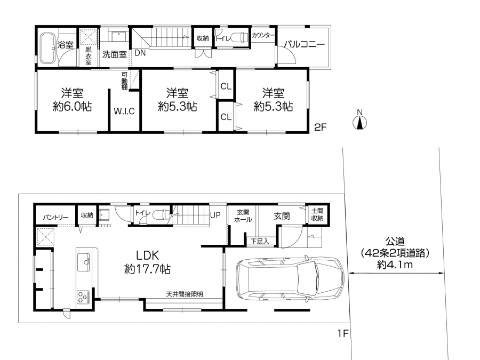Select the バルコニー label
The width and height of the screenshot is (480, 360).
tap(304, 44)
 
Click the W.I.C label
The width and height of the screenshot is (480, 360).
tap(124, 111)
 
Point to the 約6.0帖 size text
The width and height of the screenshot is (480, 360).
tap(72, 107)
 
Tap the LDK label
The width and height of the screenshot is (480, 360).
tap(147, 255)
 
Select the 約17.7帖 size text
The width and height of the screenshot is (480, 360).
tap(147, 269)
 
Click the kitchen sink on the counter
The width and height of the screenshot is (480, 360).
tap(84, 262)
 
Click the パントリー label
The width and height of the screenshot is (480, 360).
tap(55, 218)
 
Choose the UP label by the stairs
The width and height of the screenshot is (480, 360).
tap(215, 215)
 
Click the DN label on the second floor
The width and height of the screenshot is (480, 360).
tap(140, 53)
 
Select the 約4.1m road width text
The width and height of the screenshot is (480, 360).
tap(395, 265)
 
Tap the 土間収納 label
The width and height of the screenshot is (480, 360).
tap(317, 214)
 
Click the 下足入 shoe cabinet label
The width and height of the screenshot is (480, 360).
tap(260, 241)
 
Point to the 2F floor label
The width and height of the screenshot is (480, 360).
tap(321, 127)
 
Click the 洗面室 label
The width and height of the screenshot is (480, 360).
tap(114, 54)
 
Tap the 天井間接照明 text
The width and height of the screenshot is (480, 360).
tap(185, 294)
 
